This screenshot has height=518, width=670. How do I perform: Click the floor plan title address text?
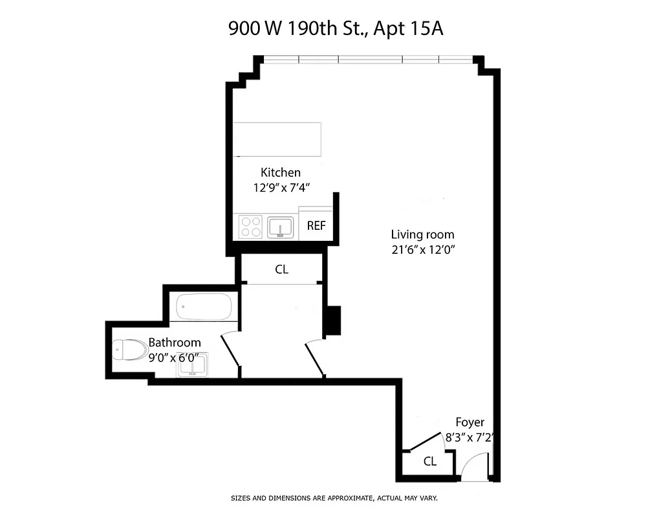tap(334, 28)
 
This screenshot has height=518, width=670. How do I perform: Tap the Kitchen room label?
tap(280, 172)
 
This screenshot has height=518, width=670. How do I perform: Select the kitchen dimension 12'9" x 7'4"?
tap(281, 188)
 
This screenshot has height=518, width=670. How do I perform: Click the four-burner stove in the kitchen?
tap(251, 226)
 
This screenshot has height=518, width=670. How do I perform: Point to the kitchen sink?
tap(280, 227)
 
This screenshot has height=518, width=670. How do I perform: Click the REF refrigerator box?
tap(316, 226)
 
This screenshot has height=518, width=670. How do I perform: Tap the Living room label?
tap(422, 234)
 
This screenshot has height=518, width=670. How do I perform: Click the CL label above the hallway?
tap(281, 269)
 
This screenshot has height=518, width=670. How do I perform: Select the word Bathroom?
tap(175, 342)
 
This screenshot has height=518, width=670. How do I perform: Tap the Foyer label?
tap(470, 422)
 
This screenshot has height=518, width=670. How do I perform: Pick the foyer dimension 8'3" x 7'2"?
tap(470, 438)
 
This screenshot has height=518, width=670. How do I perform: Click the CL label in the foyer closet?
tap(429, 462)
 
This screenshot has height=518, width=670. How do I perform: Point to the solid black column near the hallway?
tap(332, 320)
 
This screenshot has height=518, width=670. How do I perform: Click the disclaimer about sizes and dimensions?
tap(334, 498)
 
